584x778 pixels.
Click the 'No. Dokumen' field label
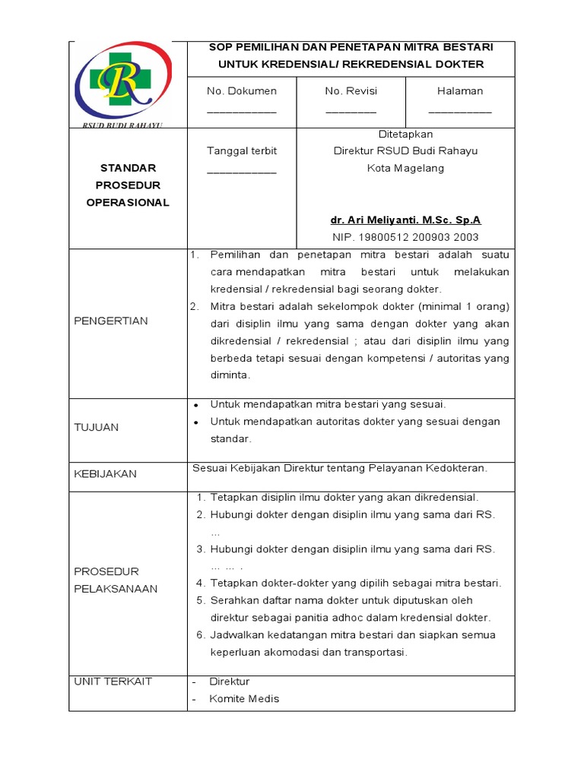[x=242, y=91]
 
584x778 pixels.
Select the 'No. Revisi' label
[x=351, y=91]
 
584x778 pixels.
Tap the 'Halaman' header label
[x=460, y=91]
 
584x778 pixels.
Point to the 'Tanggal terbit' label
[x=242, y=151]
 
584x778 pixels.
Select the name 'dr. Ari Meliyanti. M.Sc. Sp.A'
[x=405, y=220]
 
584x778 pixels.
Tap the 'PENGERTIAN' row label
[x=111, y=321]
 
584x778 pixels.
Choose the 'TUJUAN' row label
[x=97, y=428]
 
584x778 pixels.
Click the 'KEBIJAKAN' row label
[x=105, y=474]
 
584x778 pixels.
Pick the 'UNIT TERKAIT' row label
[x=113, y=682]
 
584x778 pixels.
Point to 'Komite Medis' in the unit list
[x=244, y=699]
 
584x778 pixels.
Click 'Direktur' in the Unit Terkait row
[x=229, y=682]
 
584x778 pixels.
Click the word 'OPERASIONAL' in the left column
[x=128, y=203]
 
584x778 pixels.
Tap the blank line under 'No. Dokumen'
[x=242, y=111]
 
